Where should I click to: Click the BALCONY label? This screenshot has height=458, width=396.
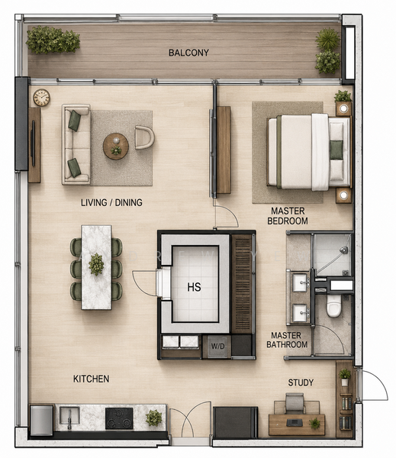188,53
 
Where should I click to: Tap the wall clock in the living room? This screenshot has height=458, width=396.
41,97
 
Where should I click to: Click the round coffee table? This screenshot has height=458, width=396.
116,146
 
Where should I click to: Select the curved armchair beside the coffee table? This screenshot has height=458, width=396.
144,137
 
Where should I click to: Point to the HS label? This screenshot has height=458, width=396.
195,287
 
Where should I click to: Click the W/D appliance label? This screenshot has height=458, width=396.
218,346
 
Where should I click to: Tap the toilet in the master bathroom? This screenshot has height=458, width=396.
333,305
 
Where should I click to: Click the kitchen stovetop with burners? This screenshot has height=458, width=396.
119,418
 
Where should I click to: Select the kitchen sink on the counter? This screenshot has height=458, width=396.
69,415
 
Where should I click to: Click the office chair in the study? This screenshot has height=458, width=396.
295,403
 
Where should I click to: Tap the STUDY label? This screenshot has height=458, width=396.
301,382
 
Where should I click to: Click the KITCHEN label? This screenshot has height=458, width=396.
91,379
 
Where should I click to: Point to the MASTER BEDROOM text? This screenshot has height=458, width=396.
288,216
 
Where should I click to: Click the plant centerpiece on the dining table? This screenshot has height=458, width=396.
96,264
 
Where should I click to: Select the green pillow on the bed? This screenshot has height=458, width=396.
336,150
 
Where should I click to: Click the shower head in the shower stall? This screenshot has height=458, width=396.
344,250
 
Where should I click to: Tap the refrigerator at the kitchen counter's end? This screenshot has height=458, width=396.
42,420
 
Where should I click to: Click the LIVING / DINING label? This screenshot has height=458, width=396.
111,202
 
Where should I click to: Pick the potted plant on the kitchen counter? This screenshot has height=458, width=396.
153,418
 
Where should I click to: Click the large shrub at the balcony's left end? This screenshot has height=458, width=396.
53,40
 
